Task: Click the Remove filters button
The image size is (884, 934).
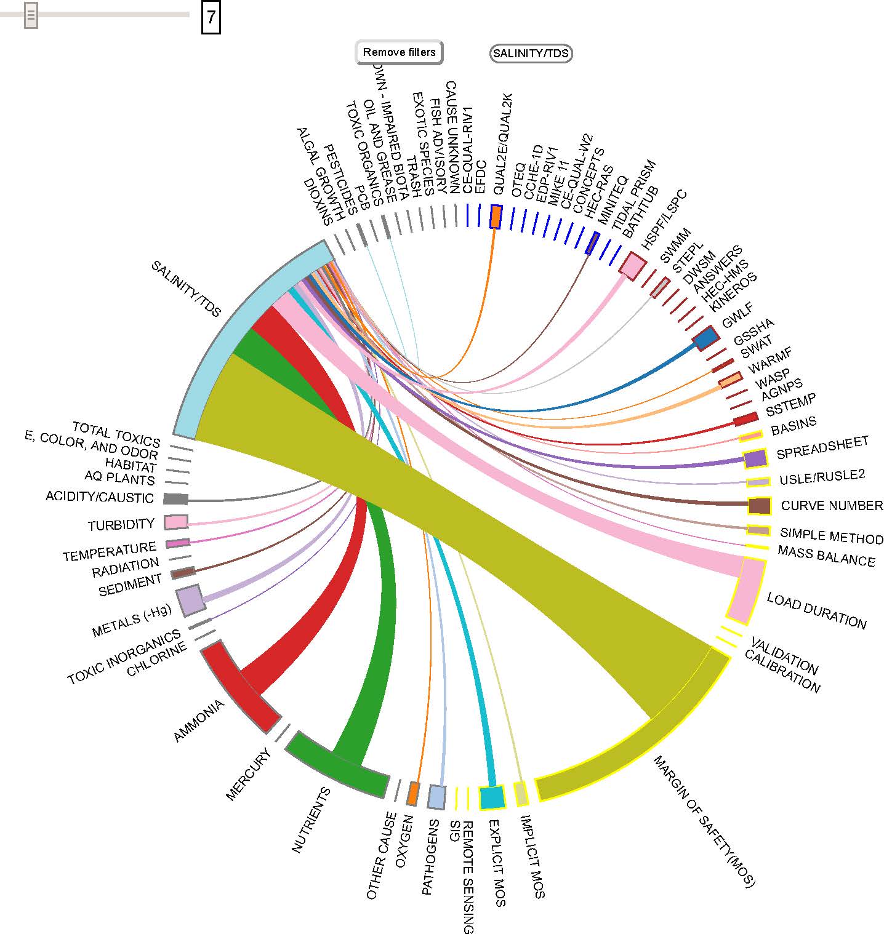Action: [399, 52]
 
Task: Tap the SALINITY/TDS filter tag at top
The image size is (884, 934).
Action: [531, 54]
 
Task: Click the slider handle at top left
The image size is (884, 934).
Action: [31, 15]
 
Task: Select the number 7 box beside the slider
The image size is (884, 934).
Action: [211, 18]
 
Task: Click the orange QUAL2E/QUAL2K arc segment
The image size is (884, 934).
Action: [496, 217]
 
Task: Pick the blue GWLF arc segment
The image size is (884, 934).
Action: [705, 338]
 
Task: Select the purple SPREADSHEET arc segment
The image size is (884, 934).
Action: [755, 458]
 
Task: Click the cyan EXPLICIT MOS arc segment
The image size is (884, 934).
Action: [492, 797]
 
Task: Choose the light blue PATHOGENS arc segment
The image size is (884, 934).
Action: [436, 797]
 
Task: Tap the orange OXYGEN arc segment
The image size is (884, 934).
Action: [413, 794]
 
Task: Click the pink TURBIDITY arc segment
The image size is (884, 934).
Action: [176, 522]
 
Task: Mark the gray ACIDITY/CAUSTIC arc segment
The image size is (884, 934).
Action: [176, 498]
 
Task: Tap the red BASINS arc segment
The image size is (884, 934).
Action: [745, 420]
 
